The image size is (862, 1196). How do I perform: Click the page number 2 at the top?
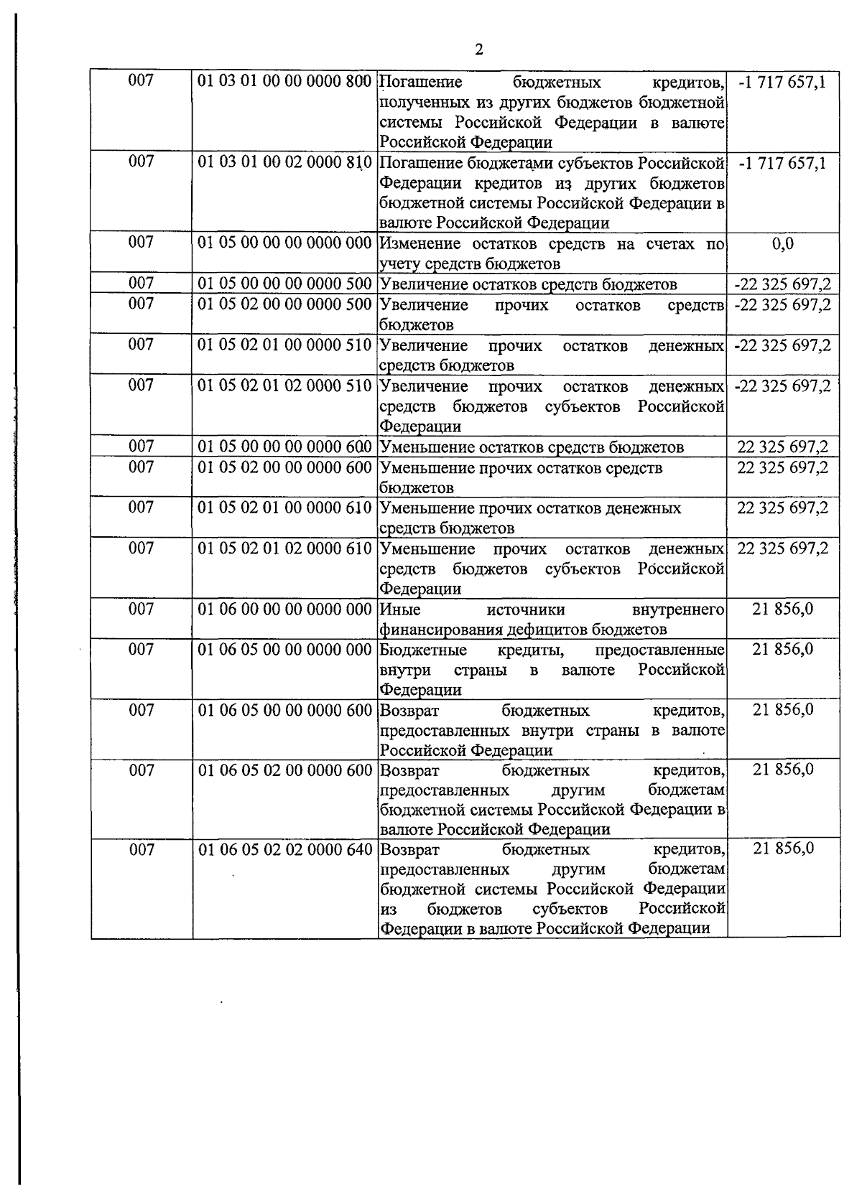point(478,50)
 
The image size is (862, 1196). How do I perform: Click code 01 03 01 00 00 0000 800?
point(284,81)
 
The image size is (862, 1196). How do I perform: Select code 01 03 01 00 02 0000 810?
point(284,162)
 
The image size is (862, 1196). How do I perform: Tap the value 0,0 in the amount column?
point(783,243)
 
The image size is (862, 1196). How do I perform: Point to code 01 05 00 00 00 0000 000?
point(284,243)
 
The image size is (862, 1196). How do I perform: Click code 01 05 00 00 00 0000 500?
point(284,284)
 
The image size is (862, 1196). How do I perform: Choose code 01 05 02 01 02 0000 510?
point(284,386)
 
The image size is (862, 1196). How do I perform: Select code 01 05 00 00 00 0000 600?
point(284,447)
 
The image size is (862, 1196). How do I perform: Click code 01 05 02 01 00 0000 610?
point(284,508)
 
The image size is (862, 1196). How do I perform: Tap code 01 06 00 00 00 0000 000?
point(284,609)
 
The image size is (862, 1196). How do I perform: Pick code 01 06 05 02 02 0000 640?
point(284,850)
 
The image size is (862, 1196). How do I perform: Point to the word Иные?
point(400,610)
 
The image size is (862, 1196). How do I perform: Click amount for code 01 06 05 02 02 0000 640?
point(783,849)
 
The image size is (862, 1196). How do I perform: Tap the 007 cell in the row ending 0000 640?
point(142,850)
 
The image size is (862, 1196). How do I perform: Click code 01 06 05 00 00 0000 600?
point(284,711)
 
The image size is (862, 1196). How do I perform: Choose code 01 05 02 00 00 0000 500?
point(284,304)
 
